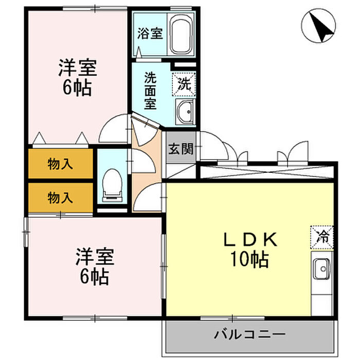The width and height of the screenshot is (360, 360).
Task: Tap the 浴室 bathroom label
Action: point(150,34)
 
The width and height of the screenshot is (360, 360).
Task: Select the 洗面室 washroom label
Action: point(150,91)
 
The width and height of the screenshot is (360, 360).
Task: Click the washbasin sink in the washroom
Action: point(184,111)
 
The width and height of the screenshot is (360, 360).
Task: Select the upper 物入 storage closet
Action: point(60,165)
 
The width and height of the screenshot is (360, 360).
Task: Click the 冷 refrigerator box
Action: point(322,237)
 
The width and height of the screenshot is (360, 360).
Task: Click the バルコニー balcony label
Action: point(250,335)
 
